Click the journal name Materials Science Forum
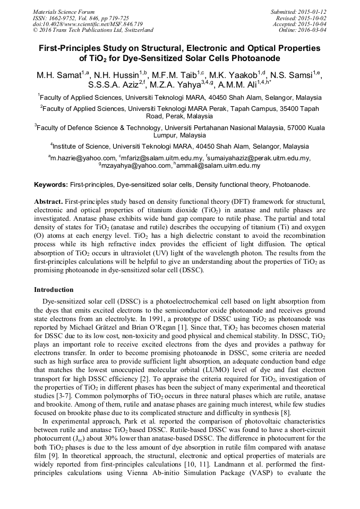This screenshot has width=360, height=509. click(64, 11)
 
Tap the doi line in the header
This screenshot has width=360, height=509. click(88, 24)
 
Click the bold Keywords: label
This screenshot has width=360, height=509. click(51, 185)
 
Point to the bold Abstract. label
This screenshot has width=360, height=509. click(49, 202)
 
